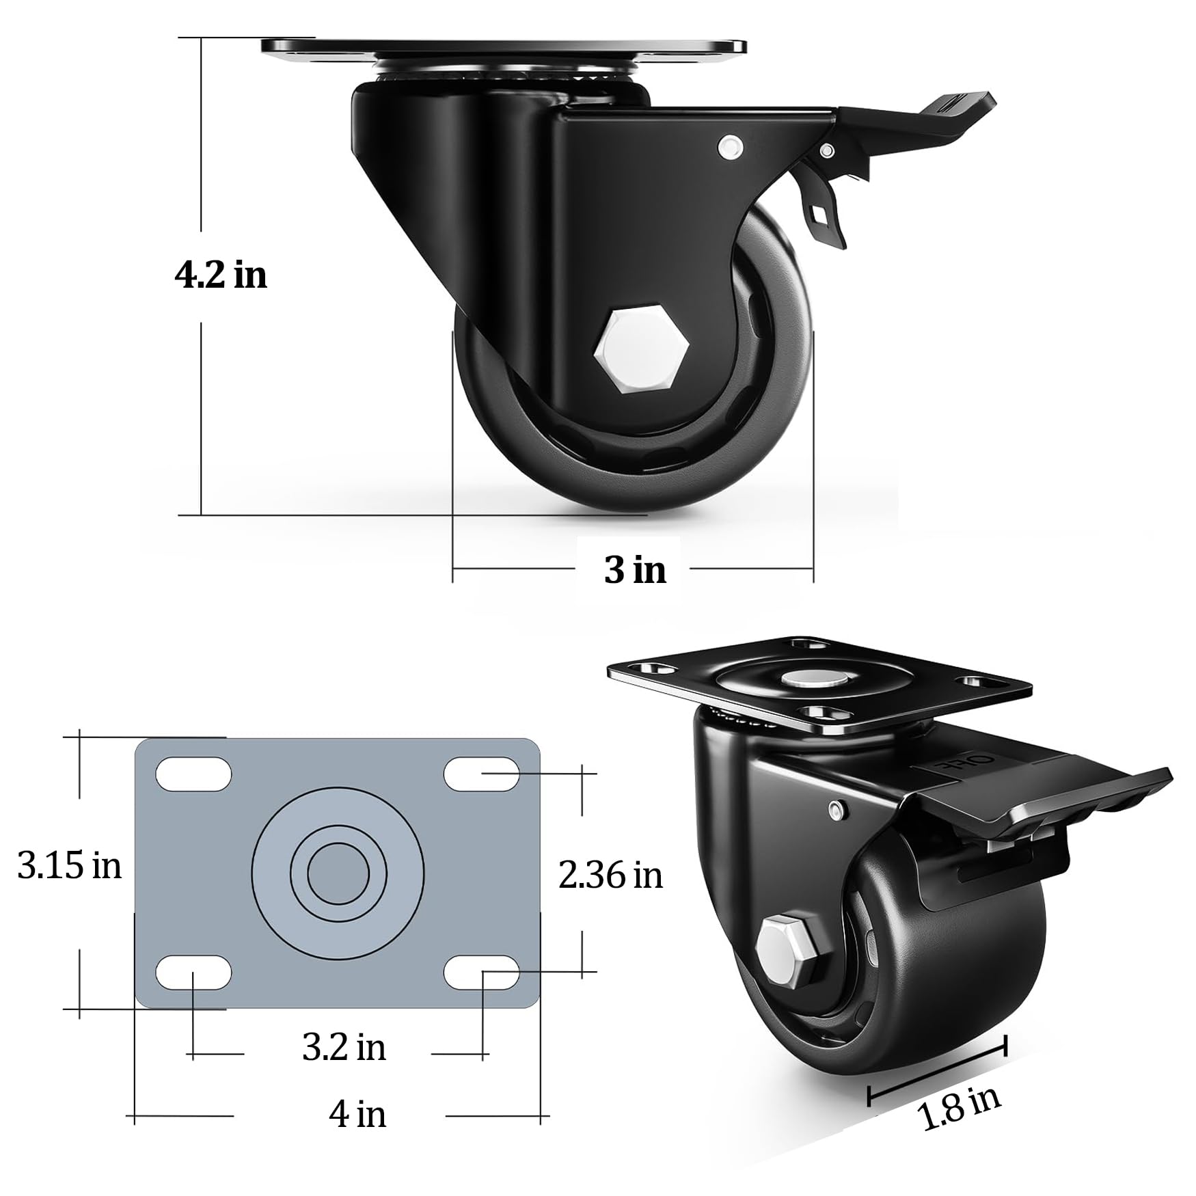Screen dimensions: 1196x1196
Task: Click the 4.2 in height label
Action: click(x=221, y=275)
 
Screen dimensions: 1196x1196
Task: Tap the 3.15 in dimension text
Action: click(x=70, y=866)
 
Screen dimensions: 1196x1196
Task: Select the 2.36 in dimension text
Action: click(x=610, y=875)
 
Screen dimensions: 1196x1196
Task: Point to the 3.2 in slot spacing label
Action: click(x=344, y=1047)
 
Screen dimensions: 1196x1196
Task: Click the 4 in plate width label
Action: click(x=357, y=1114)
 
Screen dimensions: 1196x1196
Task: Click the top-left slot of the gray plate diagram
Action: click(x=194, y=774)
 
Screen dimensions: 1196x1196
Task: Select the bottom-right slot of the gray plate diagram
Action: click(x=482, y=973)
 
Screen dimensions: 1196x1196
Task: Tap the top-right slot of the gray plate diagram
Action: click(x=482, y=774)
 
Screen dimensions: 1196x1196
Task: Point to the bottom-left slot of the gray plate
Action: click(x=194, y=973)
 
